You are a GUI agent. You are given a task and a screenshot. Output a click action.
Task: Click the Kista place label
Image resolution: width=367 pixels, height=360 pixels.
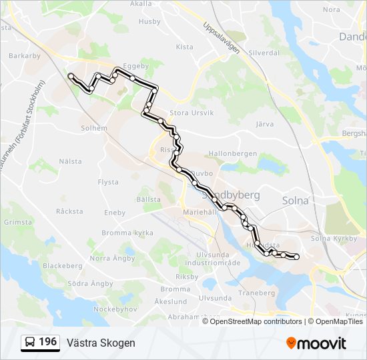coord(184,47)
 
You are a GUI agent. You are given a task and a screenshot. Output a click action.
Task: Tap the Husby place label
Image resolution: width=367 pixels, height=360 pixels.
coord(149,21)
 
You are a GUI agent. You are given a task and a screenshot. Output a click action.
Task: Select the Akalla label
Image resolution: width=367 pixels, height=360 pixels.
coord(141,4)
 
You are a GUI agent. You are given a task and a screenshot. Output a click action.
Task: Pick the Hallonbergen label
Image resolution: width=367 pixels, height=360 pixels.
coord(232,153)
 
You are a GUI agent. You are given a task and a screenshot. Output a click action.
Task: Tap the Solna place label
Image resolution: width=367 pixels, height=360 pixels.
coord(296,200)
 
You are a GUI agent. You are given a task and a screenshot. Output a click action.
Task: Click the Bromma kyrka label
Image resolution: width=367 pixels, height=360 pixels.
coord(127,233)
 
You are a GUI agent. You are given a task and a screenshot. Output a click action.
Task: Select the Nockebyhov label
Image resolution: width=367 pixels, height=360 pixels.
coord(115,310)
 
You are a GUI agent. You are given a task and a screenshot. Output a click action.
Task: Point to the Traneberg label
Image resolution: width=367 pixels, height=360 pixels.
coord(257,293)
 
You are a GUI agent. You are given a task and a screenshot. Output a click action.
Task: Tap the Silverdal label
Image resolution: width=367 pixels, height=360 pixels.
coord(263,52)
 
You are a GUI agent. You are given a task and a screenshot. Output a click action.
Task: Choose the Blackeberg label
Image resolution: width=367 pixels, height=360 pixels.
coord(63,265)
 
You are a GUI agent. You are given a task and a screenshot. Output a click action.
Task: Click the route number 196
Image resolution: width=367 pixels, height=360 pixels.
coord(47,342)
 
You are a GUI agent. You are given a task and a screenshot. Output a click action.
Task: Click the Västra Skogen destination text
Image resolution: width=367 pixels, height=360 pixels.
coord(101,343)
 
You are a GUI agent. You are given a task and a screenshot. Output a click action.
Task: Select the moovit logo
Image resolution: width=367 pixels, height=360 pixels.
coord(316,343)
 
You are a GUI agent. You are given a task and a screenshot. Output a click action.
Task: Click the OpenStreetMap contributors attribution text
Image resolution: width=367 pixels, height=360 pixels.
coord(256,321)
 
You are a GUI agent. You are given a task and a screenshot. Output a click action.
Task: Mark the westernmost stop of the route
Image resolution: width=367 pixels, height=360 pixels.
coord(71,76)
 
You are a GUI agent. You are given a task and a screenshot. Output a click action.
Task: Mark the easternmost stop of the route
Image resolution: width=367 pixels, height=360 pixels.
coord(296,257)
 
